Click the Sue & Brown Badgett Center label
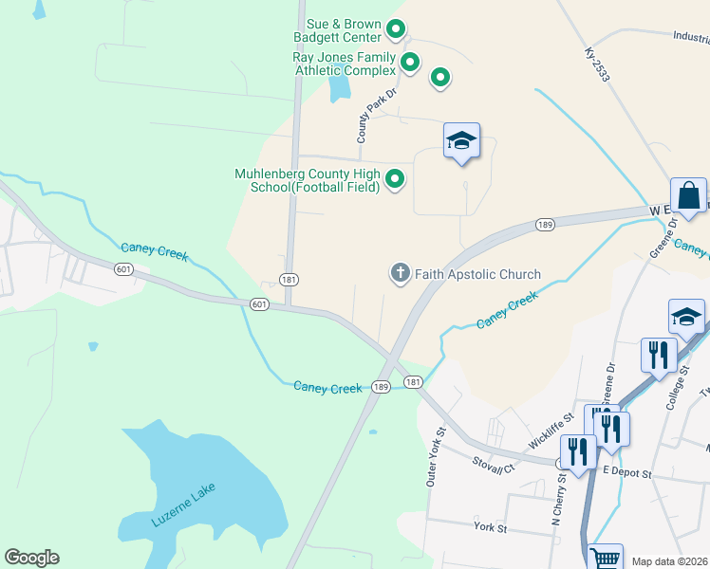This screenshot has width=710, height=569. click(343, 30)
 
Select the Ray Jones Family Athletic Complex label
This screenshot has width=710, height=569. click(344, 64)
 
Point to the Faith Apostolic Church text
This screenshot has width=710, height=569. click(477, 274)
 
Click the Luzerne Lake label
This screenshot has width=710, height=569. click(184, 505)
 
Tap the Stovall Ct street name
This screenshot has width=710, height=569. click(495, 463)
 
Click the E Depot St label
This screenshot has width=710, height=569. click(626, 472)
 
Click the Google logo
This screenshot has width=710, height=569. click(31, 558)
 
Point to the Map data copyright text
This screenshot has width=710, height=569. click(669, 561)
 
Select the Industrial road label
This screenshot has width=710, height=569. click(691, 38)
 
